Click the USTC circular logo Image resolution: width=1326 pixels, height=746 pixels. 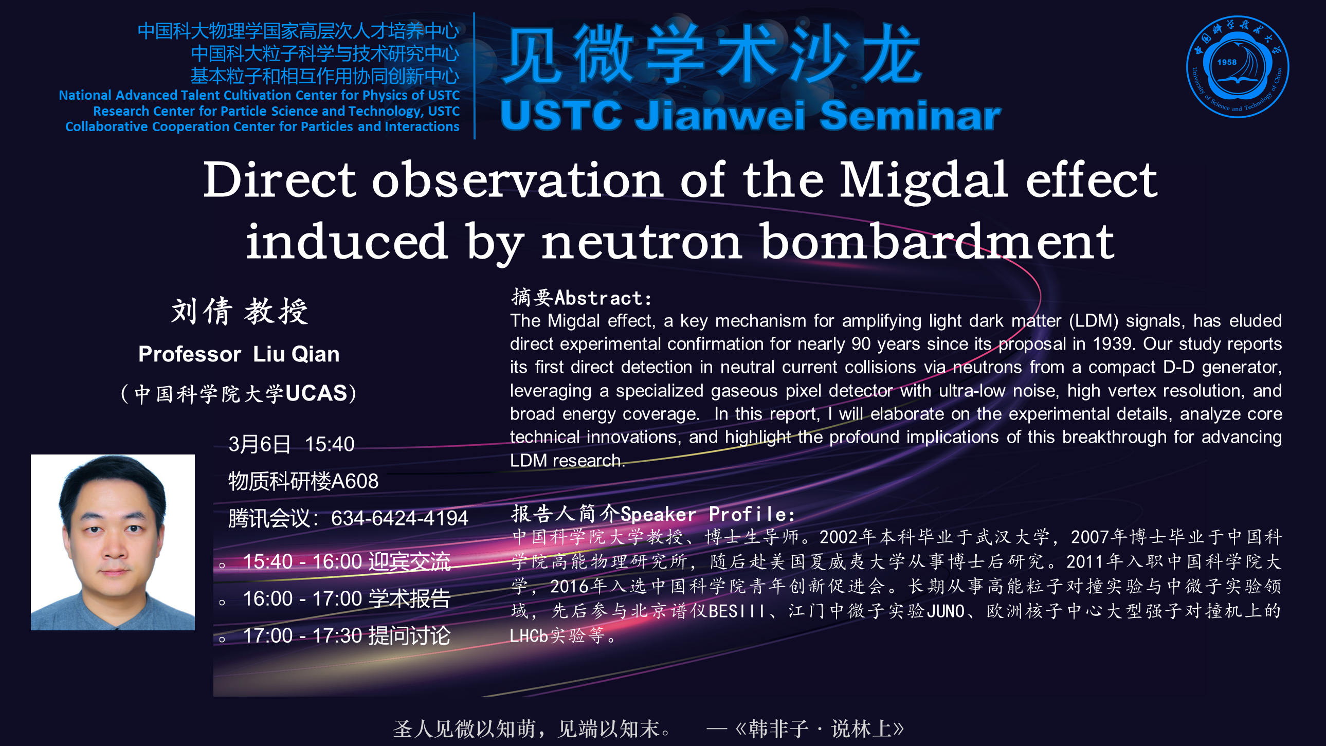(x=1238, y=66)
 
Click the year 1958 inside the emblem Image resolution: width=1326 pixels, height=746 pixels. (x=1227, y=62)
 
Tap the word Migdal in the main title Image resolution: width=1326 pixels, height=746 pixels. (x=923, y=179)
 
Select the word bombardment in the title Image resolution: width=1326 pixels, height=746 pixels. (x=937, y=242)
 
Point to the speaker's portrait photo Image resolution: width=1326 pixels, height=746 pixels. (x=113, y=542)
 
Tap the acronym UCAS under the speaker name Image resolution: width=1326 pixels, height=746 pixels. (x=316, y=393)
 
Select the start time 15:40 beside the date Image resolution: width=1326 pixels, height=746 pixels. (x=330, y=444)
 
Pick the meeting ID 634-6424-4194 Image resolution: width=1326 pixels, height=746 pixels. (x=399, y=518)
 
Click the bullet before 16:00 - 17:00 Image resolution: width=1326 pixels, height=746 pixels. (x=222, y=602)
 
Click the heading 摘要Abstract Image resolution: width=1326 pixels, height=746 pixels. (x=582, y=298)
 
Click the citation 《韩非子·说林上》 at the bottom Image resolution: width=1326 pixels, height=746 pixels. (x=820, y=729)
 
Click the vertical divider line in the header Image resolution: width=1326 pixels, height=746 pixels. (x=474, y=76)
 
